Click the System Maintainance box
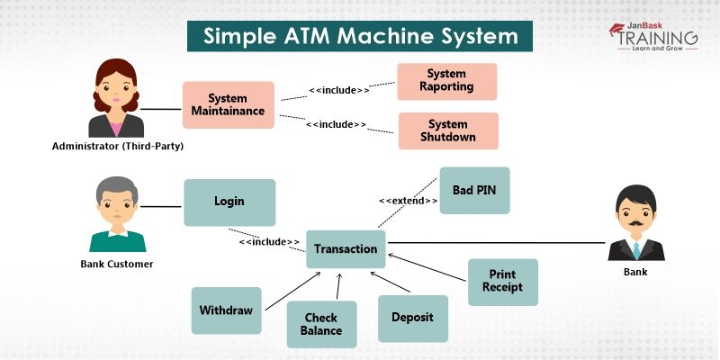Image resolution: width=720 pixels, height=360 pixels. click(228, 104)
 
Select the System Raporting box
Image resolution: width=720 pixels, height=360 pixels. click(447, 81)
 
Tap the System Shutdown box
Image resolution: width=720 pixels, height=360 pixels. click(447, 130)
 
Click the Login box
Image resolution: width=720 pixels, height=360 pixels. click(229, 202)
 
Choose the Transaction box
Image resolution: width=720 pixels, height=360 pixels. click(346, 248)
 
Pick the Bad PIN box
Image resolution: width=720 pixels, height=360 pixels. click(474, 190)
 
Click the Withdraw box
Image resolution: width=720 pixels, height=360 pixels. click(226, 310)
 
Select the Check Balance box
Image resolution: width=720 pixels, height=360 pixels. click(321, 324)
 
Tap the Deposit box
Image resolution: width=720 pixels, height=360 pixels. click(412, 318)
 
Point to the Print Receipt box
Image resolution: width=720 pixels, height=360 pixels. click(502, 281)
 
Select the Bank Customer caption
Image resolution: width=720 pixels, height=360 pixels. click(117, 264)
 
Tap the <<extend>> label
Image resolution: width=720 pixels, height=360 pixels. click(409, 200)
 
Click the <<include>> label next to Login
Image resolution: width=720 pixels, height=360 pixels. click(269, 241)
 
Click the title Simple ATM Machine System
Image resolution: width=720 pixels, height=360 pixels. click(360, 37)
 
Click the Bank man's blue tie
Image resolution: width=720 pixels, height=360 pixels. click(635, 248)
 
